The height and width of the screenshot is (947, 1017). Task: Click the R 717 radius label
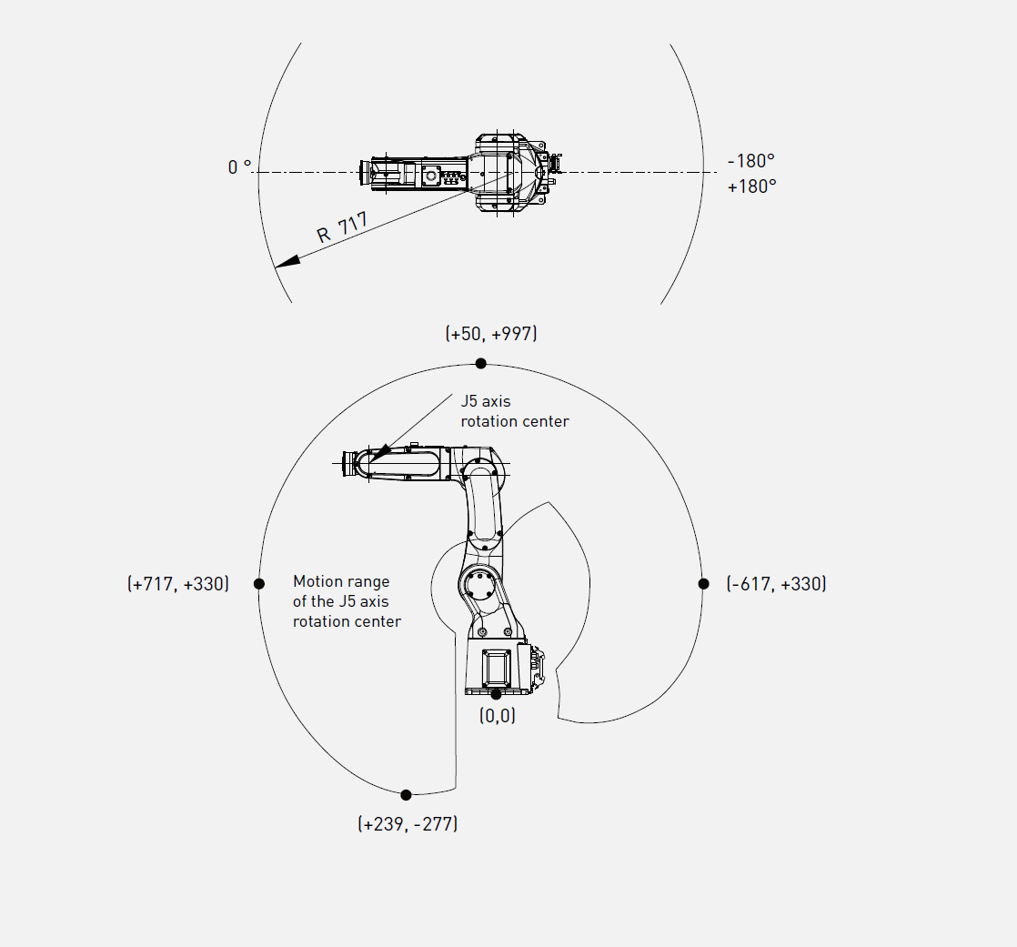pyautogui.click(x=342, y=227)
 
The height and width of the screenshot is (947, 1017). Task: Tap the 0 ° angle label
pyautogui.click(x=239, y=166)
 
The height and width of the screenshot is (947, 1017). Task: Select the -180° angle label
pyautogui.click(x=751, y=160)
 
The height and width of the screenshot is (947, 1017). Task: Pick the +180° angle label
pyautogui.click(x=751, y=186)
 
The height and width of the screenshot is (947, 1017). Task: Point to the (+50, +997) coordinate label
pyautogui.click(x=491, y=333)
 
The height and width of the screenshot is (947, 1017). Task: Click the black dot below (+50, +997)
pyautogui.click(x=480, y=363)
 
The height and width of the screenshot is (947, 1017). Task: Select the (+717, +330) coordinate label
pyautogui.click(x=178, y=584)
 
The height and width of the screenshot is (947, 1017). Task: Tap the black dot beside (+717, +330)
pyautogui.click(x=258, y=584)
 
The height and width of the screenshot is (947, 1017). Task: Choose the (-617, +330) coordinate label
pyautogui.click(x=776, y=584)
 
